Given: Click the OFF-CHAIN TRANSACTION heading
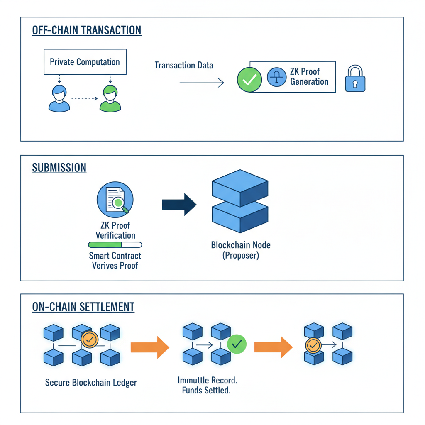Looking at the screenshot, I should click(86, 31).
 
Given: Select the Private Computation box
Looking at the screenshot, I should click(85, 62).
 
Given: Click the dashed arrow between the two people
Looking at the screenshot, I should click(84, 99).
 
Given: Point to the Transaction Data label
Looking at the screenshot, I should click(184, 65).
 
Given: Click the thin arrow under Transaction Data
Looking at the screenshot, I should click(201, 83).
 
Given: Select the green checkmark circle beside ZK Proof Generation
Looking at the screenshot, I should click(249, 80).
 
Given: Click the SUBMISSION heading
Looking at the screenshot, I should click(59, 168).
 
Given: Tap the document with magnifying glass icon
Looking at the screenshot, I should click(115, 199).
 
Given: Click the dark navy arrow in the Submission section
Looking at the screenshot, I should click(178, 204).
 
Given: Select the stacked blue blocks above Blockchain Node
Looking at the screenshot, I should click(240, 201).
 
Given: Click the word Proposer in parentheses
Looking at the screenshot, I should click(240, 256).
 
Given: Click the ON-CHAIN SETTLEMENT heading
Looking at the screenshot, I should click(83, 307).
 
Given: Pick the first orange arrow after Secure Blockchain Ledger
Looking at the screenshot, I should click(149, 347).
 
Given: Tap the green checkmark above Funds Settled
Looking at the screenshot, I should click(237, 344).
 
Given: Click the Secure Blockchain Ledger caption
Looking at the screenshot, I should click(91, 382).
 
